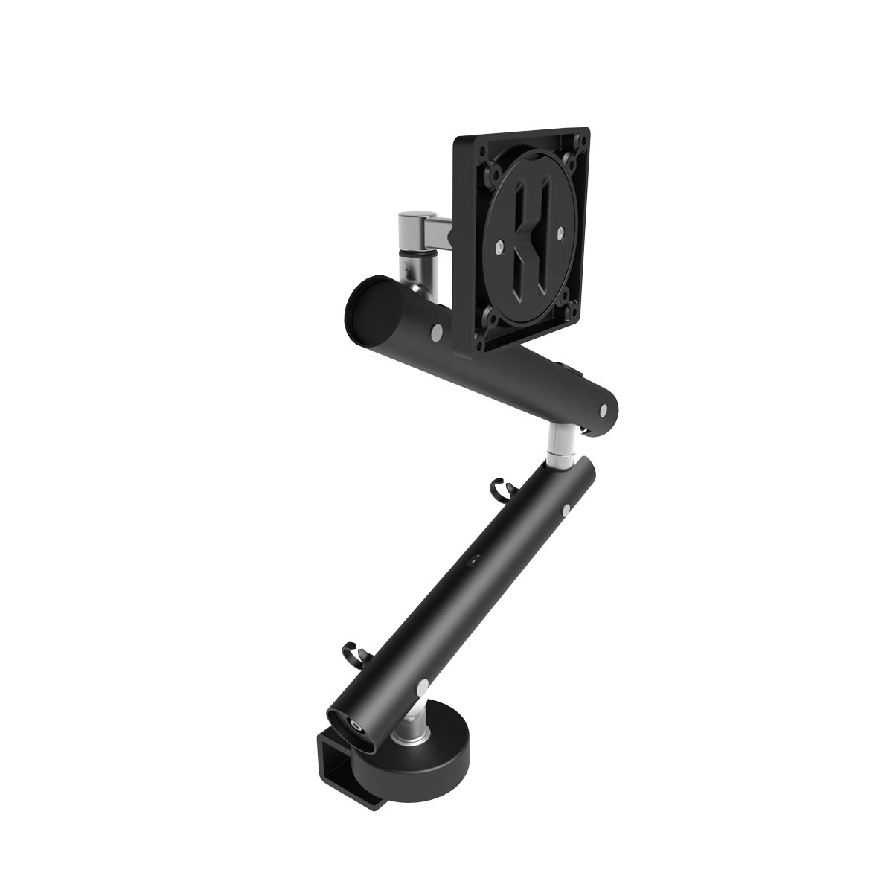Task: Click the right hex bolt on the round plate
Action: pos(558,236)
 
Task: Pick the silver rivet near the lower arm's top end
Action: pos(567,510)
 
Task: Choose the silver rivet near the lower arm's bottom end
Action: pos(423,685)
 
